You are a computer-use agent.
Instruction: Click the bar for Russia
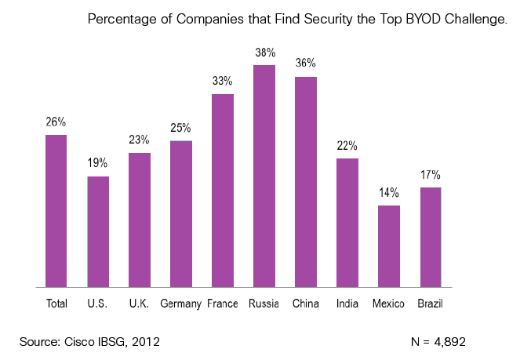264,176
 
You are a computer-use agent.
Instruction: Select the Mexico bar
389,246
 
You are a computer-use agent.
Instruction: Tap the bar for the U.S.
98,231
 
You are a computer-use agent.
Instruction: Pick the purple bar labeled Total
56,211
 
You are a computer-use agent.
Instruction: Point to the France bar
223,191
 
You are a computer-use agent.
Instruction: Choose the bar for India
347,223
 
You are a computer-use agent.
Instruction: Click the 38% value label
265,53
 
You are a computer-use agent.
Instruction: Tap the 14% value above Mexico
389,193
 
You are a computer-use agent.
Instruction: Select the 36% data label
305,63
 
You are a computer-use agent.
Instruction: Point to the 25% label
180,128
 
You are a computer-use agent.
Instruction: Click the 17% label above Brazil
431,175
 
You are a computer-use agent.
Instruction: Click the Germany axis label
180,304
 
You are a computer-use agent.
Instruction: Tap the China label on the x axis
305,304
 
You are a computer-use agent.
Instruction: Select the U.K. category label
139,304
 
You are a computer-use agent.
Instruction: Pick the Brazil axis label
430,304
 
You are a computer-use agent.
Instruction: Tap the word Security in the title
328,20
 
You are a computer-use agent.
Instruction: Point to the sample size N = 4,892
438,342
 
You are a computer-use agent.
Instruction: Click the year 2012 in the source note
146,342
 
